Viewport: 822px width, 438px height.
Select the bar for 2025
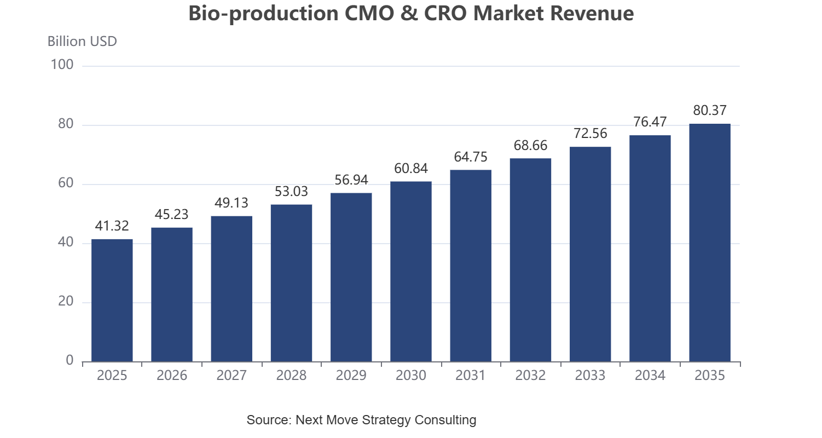pos(112,301)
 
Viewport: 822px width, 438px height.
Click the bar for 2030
pos(411,272)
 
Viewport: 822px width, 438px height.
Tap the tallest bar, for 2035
pos(710,243)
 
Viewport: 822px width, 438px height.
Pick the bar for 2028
pos(291,283)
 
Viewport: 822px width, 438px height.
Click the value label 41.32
pos(112,226)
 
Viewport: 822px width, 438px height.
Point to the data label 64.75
pos(471,157)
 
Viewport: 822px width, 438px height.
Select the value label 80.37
pos(710,110)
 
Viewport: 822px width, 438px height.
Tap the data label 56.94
pos(351,180)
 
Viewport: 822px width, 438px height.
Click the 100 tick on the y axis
pos(62,65)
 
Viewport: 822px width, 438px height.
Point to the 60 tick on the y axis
pos(66,183)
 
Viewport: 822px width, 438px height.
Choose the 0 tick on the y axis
pos(70,361)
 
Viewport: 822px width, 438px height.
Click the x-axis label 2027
pos(231,375)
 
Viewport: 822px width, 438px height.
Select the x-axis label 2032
pos(530,375)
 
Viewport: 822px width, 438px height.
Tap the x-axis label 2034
pos(650,375)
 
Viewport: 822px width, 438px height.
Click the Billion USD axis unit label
pos(82,42)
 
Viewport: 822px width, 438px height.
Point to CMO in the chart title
pos(369,13)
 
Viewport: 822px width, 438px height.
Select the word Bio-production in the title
pos(263,14)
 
